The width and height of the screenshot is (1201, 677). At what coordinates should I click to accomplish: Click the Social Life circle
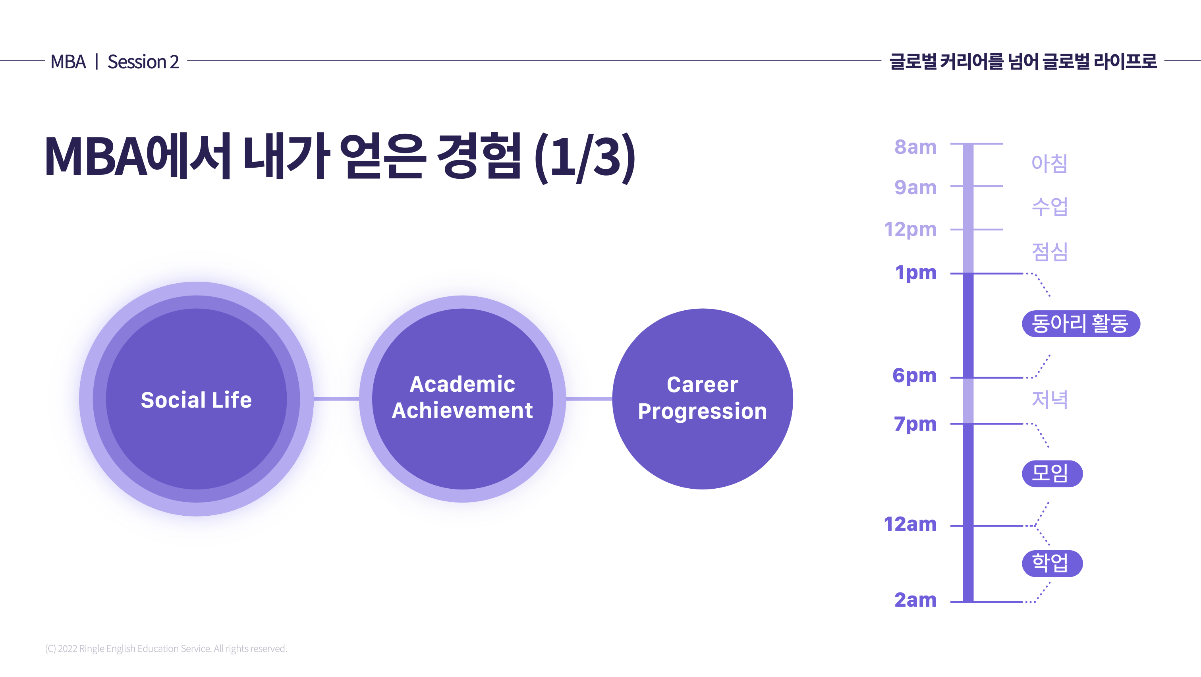[196, 399]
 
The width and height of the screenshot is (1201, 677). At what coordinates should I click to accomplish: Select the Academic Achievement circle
[463, 399]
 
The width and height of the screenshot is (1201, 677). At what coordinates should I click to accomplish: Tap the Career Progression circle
[703, 399]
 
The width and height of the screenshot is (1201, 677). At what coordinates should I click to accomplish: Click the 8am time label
[915, 147]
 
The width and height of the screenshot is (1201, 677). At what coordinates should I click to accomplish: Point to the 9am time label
[915, 188]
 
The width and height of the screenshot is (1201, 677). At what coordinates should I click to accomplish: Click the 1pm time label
[916, 273]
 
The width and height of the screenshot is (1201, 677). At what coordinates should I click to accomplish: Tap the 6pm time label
[914, 376]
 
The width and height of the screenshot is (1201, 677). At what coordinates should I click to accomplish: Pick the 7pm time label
[915, 424]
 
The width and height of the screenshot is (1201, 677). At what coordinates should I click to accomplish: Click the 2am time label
[915, 600]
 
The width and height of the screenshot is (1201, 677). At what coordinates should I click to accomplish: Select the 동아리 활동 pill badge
[1081, 323]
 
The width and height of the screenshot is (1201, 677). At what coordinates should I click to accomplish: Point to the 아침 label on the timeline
[1049, 163]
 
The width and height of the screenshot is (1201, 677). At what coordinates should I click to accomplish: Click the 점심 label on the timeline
[1049, 252]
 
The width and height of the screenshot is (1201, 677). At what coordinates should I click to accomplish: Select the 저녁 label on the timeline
[1049, 400]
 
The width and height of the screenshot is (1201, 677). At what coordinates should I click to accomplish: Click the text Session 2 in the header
[143, 62]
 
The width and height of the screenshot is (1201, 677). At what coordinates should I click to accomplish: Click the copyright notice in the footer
[166, 648]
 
